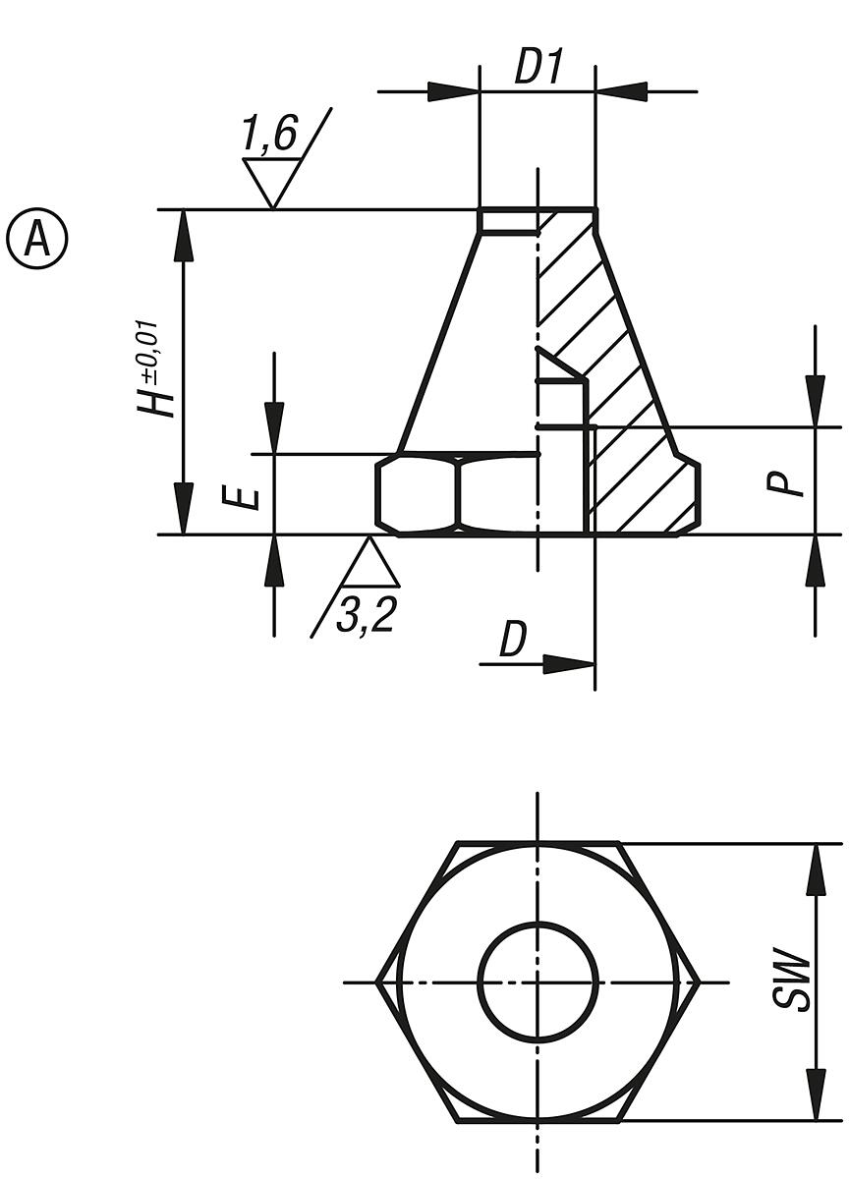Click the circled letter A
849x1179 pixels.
tap(37, 238)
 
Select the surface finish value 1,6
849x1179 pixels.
tap(269, 134)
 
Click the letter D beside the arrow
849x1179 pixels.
tap(513, 640)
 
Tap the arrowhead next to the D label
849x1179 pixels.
tap(569, 664)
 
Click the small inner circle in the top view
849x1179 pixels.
tap(538, 982)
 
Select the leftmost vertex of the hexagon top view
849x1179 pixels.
tap(377, 982)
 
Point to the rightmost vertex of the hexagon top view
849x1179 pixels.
tap(699, 982)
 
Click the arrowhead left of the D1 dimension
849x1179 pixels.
tap(453, 92)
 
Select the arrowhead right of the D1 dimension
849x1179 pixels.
tap(621, 92)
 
